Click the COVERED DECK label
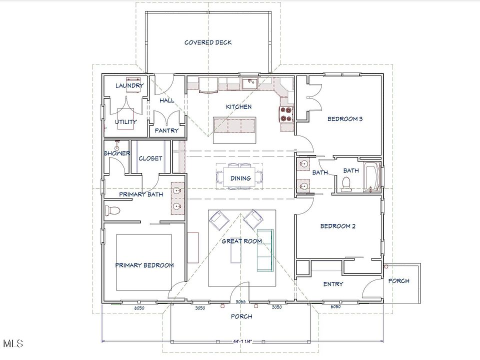coord(208,42)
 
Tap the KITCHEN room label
coord(239,107)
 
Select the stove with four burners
coord(286,114)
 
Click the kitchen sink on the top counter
coord(250,83)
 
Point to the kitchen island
coord(235,130)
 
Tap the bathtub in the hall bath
coord(371,177)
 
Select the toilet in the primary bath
coord(112,210)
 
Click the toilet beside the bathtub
coord(346,184)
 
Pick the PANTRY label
coord(166,130)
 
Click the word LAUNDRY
coord(129,85)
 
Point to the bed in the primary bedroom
coord(144,262)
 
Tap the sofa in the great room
coord(265,250)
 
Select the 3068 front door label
coord(240,301)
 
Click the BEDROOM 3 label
coord(345,119)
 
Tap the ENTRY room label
coord(333,284)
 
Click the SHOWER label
coord(117,153)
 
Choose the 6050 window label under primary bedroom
coord(139,308)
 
